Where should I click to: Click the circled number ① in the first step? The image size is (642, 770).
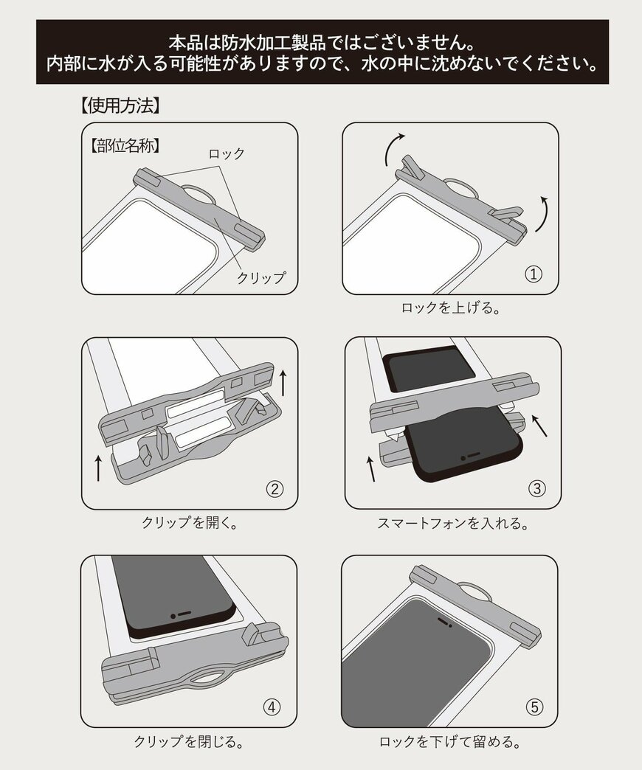pos(534,274)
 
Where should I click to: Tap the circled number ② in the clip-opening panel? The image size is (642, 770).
pos(275,488)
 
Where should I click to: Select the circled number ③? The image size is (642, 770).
pos(537,488)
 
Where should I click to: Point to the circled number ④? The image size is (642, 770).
pos(272,707)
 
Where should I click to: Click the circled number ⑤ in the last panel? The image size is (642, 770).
pos(534,707)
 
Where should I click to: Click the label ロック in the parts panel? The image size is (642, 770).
pos(227,153)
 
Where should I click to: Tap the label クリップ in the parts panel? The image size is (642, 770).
pos(260,277)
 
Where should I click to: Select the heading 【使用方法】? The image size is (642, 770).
pos(120,105)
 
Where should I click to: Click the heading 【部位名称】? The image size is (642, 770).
pos(125,145)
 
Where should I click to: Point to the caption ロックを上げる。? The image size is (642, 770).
pos(450,308)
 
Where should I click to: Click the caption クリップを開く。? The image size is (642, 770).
pos(190,522)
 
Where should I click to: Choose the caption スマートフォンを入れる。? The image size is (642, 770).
pos(453,523)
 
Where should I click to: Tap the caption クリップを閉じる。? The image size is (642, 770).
pos(189,741)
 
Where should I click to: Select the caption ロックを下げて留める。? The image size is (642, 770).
pos(450,741)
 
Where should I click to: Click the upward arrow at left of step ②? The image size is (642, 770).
pos(99,468)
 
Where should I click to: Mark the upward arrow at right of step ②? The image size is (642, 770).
pos(283,383)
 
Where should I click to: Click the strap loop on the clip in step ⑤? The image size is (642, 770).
pos(475,589)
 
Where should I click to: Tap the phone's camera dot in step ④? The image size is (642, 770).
pos(173,616)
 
